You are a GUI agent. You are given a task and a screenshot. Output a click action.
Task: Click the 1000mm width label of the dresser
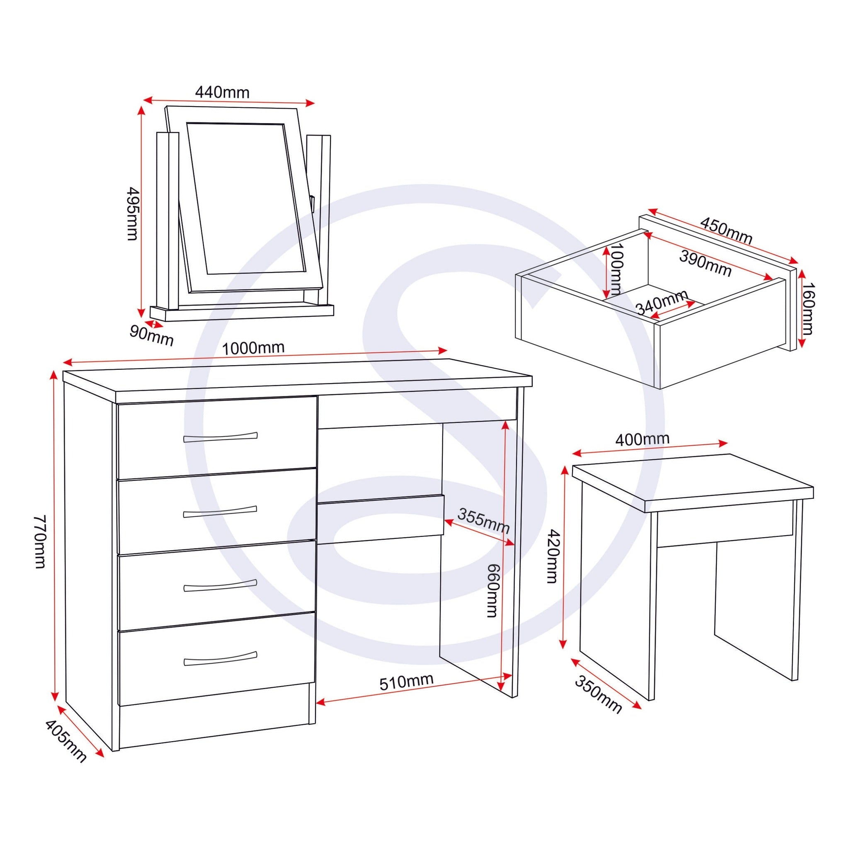click(x=253, y=348)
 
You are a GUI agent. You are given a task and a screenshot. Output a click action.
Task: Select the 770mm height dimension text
click(x=41, y=542)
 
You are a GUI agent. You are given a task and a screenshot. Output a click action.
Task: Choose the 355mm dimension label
click(x=483, y=521)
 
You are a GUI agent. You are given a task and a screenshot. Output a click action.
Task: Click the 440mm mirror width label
click(x=222, y=93)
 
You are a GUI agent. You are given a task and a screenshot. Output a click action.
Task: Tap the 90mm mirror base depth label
click(x=152, y=337)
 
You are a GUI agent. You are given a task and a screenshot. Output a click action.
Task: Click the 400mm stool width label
click(x=642, y=439)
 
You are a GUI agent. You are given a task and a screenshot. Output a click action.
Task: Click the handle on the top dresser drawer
click(x=220, y=437)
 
